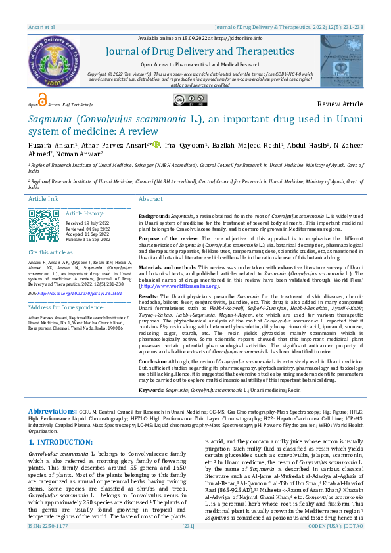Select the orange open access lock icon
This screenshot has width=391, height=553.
pyautogui.click(x=43, y=100)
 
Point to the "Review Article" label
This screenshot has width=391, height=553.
pyautogui.click(x=339, y=104)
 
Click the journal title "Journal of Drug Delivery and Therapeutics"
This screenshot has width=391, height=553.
pyautogui.click(x=196, y=52)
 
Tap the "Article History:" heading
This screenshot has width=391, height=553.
pyautogui.click(x=85, y=213)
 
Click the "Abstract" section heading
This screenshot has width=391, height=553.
pyautogui.click(x=150, y=198)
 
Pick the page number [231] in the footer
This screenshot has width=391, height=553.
pyautogui.click(x=189, y=544)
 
